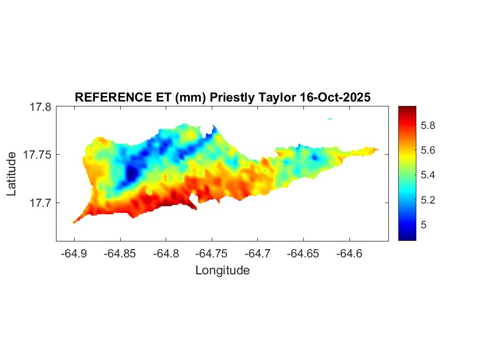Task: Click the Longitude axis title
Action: (222, 270)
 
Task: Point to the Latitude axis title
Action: (12, 175)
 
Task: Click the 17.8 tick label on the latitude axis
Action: (40, 107)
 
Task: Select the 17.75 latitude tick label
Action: (37, 155)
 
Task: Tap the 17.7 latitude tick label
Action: (40, 203)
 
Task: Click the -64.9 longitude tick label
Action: (75, 254)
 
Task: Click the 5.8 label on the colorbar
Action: (427, 126)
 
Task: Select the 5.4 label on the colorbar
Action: (427, 175)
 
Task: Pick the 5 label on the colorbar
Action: (423, 225)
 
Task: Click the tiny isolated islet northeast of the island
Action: (330, 118)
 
